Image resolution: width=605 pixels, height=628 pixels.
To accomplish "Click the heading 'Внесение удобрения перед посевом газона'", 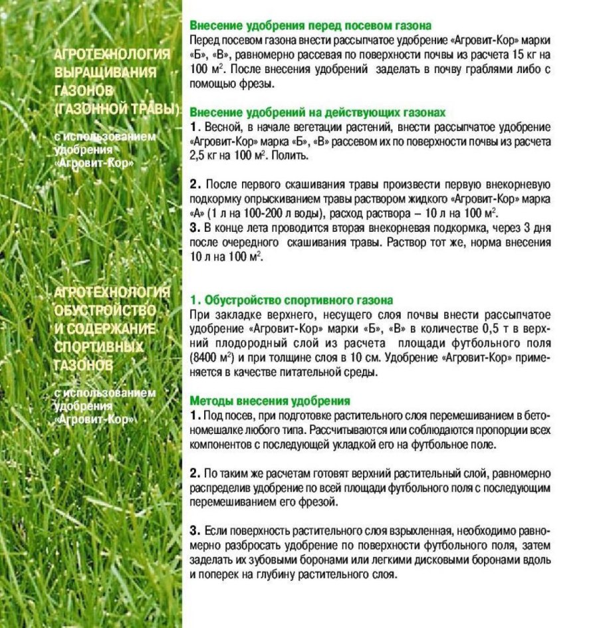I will tap(310, 26).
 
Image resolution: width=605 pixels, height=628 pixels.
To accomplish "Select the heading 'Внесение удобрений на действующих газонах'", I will tap(318, 112).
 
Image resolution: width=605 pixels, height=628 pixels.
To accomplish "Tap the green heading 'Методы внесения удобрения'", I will tap(270, 401).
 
